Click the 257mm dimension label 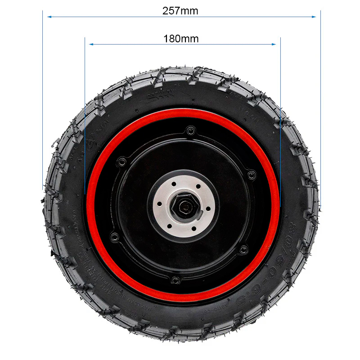pos(180,11)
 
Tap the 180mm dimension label pos(181,39)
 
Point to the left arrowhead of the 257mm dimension pos(49,17)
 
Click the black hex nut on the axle pos(184,207)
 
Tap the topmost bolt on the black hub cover pos(190,131)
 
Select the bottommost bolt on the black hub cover pos(176,280)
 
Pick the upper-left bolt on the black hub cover pos(121,161)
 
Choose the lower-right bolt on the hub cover pos(244,249)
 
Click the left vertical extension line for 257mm pos(43,99)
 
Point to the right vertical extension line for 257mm pos(320,99)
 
